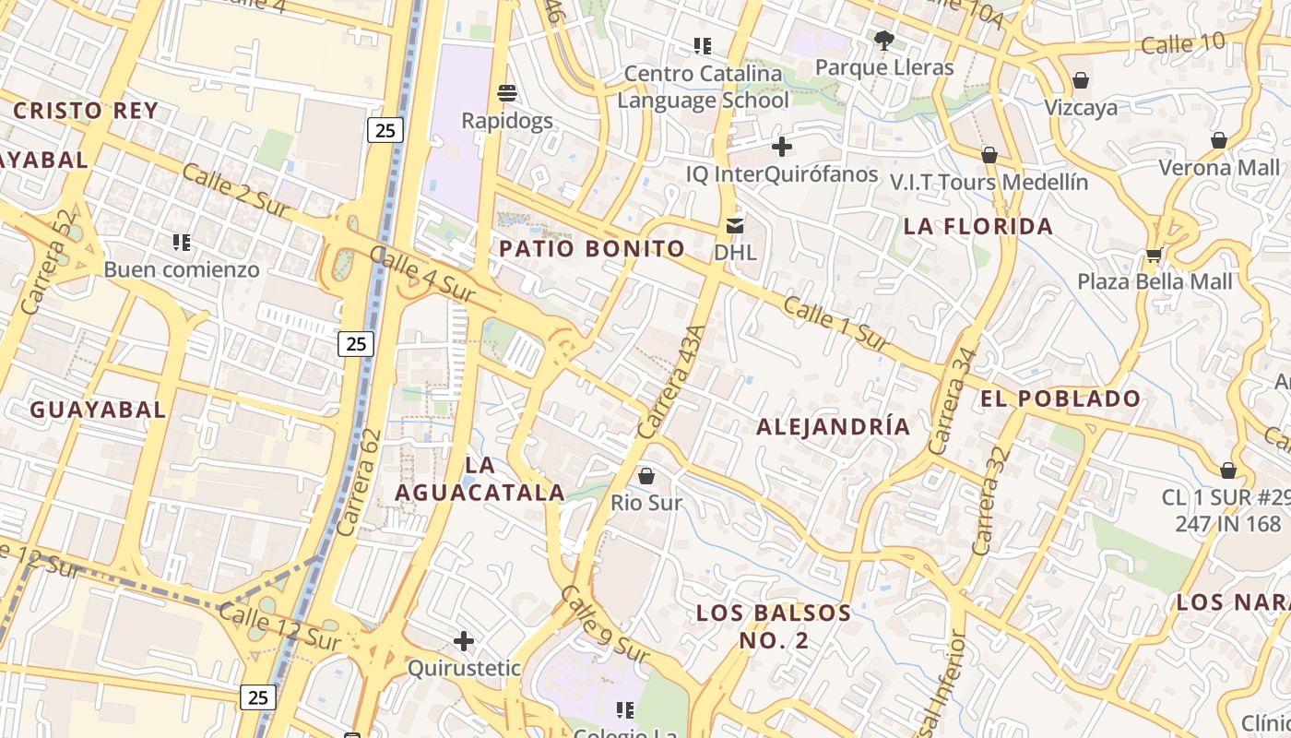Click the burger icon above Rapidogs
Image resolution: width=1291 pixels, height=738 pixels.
[x=506, y=92]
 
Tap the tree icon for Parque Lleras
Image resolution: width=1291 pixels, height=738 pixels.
[x=884, y=40]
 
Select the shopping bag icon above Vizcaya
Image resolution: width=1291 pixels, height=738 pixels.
[x=1081, y=80]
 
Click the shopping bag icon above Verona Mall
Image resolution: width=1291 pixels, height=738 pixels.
[x=1219, y=140]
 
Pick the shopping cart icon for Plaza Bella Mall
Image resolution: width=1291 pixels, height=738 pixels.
[x=1154, y=255]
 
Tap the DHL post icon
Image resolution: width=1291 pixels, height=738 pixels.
[x=735, y=224]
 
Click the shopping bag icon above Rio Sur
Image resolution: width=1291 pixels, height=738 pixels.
[x=646, y=476]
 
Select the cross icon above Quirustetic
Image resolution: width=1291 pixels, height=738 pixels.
[x=464, y=640]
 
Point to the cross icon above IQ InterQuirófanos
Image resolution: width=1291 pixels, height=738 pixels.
[x=782, y=147]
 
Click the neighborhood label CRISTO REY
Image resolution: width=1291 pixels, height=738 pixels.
[x=86, y=111]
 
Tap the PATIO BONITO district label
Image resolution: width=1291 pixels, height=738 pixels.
[x=592, y=248]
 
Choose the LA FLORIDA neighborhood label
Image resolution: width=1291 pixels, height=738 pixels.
[x=977, y=226]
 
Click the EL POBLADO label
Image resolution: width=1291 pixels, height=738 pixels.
[x=1060, y=399]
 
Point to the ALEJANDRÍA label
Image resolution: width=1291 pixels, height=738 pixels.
[x=833, y=426]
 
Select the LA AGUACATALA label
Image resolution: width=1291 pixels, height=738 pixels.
[x=480, y=478]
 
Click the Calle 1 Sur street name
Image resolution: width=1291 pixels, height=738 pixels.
[x=835, y=324]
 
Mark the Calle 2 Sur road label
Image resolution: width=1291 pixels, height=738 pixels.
[x=237, y=191]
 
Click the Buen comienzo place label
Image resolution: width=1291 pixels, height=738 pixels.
[x=182, y=270]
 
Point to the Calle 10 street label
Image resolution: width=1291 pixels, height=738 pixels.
[x=1183, y=42]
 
